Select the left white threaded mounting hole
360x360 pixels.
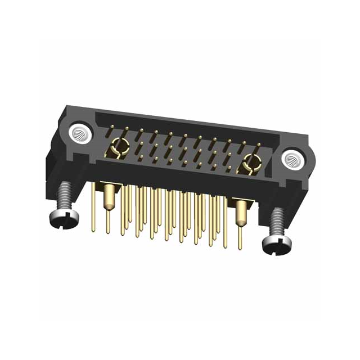79,133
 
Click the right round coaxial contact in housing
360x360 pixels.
250,165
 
